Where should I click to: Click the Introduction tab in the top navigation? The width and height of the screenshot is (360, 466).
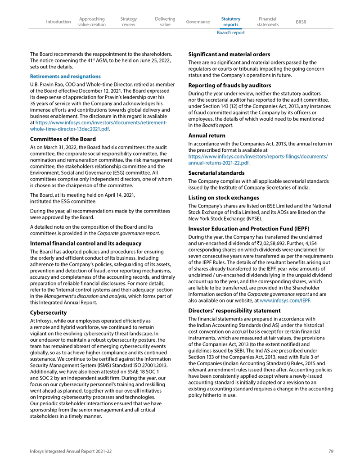pos(58,22)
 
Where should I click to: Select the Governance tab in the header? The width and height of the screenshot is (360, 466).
pos(198,22)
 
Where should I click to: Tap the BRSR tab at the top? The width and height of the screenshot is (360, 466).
pos(301,22)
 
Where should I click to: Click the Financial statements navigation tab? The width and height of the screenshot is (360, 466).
pos(268,22)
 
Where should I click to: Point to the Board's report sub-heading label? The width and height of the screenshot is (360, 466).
pos(231,33)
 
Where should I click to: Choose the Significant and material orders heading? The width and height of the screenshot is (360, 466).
pos(229,54)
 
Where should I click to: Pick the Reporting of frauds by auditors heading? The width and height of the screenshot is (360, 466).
pos(229,86)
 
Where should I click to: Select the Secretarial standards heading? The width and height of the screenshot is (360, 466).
pos(216,173)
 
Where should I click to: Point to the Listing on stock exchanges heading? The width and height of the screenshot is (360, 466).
pos(223,198)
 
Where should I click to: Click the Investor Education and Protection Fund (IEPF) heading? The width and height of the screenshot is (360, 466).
pos(248,229)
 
